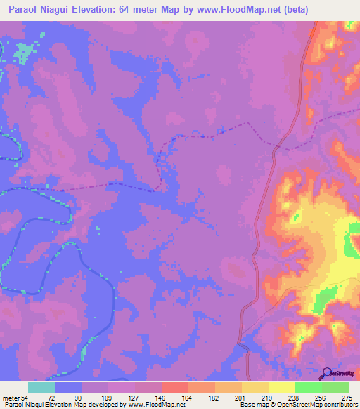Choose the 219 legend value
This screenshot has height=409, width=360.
click(x=268, y=397)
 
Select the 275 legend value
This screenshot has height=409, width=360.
click(x=347, y=397)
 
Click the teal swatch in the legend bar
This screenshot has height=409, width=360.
click(x=41, y=387)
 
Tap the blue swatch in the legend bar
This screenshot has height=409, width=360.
click(x=68, y=387)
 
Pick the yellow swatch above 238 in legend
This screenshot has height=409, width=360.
click(x=281, y=387)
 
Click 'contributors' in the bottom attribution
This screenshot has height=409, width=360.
click(x=340, y=405)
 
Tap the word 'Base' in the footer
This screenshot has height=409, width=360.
click(x=247, y=405)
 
